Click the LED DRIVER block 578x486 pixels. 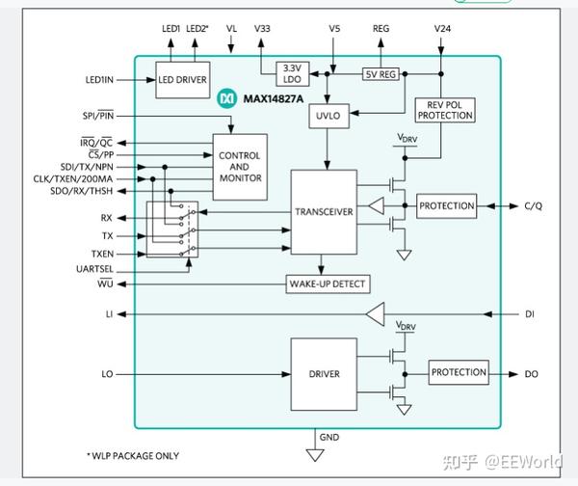(183, 80)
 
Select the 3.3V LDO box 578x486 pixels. (292, 74)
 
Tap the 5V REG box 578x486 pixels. (381, 74)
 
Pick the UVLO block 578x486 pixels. (328, 116)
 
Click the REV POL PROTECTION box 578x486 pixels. (445, 110)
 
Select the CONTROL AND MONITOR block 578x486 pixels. (240, 167)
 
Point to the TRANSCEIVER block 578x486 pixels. (324, 212)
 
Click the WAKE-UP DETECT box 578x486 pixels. (328, 284)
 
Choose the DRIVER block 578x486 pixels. (324, 374)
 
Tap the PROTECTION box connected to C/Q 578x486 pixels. (446, 206)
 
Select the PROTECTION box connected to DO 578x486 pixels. (459, 372)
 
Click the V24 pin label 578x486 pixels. (442, 29)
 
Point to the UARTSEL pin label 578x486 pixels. (94, 269)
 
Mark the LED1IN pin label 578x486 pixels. (99, 80)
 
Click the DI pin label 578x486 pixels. (530, 314)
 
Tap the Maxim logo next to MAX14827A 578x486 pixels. (226, 99)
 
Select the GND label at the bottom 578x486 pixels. (329, 437)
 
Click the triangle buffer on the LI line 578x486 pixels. (376, 314)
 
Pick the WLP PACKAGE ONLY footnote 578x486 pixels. (133, 456)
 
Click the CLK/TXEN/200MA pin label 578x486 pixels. (73, 179)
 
